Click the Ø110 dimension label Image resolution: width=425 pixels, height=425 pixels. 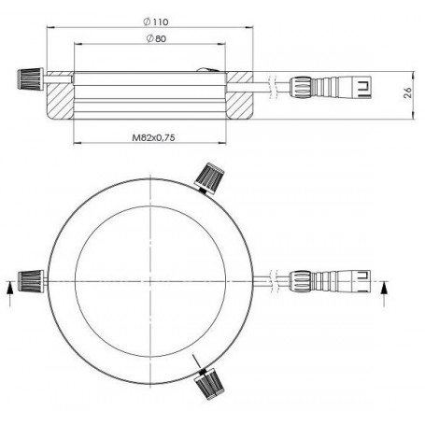156,21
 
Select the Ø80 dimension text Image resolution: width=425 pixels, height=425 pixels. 156,38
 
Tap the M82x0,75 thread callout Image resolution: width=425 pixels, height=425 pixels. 153,137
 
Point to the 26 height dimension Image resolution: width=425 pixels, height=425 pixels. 407,92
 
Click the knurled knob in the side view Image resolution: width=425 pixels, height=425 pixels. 30,79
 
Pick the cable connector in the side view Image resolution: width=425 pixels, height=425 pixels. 331,87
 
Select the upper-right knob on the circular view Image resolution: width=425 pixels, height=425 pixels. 209,178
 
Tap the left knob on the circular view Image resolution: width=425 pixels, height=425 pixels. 31,281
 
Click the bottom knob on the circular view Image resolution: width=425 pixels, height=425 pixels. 209,384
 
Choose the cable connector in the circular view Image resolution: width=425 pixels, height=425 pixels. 330,281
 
